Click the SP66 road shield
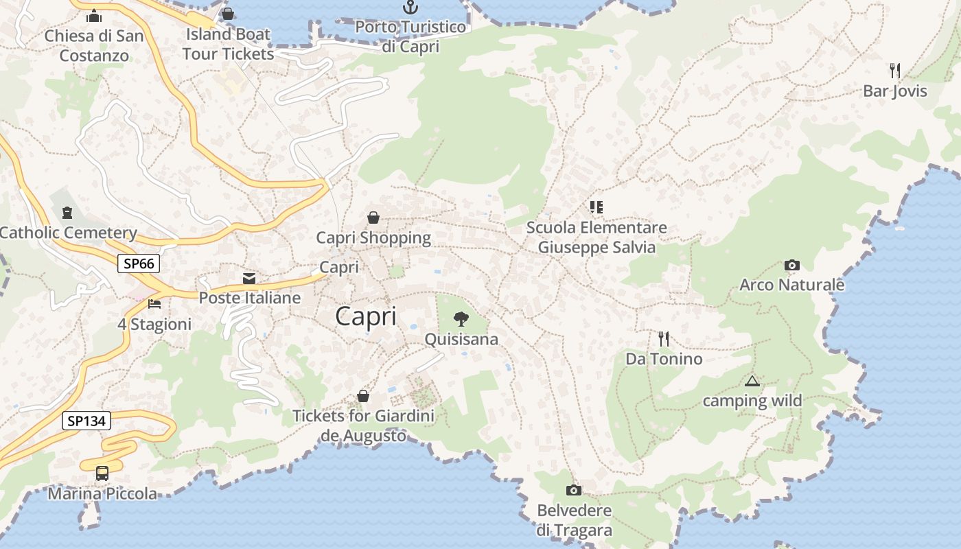coord(139,264)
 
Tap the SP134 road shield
coord(86,421)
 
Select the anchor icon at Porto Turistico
coord(410,8)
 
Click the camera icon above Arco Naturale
coord(791,265)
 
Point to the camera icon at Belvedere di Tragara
coord(573,490)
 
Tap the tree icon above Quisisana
coord(461,318)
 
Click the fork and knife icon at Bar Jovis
coord(894,70)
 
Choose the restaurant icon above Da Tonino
coord(663,338)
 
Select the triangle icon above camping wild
coord(752,381)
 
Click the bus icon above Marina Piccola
coord(102,473)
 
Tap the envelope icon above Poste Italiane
coord(249,278)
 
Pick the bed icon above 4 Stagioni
coord(154,303)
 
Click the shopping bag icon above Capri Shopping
coord(373,218)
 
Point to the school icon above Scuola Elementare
coord(596,207)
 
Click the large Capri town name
coord(366,316)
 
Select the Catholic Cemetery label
coord(68,233)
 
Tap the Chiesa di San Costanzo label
coord(94,45)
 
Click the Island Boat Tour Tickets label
coord(228,44)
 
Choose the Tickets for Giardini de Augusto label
coord(363,425)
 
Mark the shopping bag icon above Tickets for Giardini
coord(363,396)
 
